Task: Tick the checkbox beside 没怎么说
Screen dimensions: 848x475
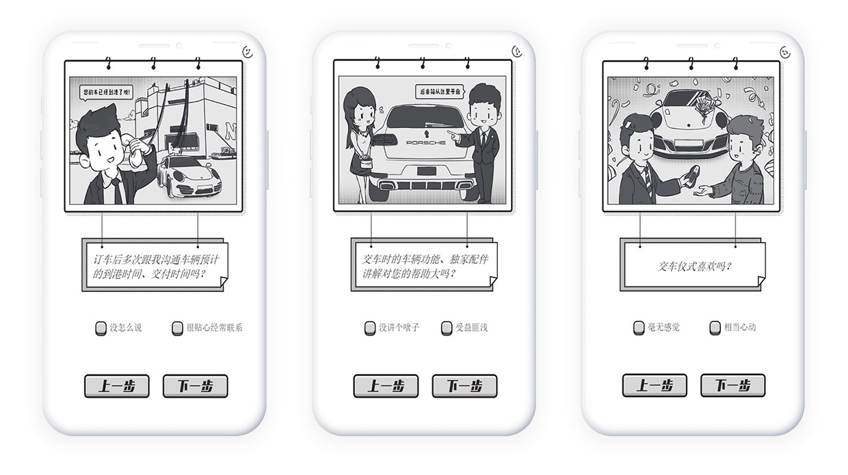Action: pyautogui.click(x=101, y=329)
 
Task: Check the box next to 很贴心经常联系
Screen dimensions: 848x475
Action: pyautogui.click(x=177, y=329)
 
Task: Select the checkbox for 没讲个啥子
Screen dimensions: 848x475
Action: pyautogui.click(x=370, y=329)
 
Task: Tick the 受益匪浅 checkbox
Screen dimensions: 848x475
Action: pyautogui.click(x=447, y=329)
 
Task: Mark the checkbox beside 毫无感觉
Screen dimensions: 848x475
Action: pyautogui.click(x=639, y=328)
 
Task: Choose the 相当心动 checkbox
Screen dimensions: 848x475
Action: pyautogui.click(x=715, y=328)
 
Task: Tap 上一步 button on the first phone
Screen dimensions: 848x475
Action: pyautogui.click(x=116, y=386)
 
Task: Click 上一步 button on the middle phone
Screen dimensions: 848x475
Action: pyautogui.click(x=386, y=386)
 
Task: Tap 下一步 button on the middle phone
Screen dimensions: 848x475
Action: pyautogui.click(x=464, y=386)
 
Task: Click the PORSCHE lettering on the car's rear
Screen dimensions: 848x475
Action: pyautogui.click(x=426, y=143)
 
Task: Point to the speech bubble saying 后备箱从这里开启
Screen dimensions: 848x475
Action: pyautogui.click(x=440, y=92)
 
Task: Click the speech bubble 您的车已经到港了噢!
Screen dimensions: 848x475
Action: pyautogui.click(x=107, y=92)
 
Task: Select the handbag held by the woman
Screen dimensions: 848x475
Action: pyautogui.click(x=367, y=164)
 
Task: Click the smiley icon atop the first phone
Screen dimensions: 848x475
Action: pyautogui.click(x=248, y=52)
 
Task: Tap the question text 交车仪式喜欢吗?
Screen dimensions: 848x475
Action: pyautogui.click(x=694, y=267)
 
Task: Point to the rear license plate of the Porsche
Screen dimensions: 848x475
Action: pyautogui.click(x=427, y=171)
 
